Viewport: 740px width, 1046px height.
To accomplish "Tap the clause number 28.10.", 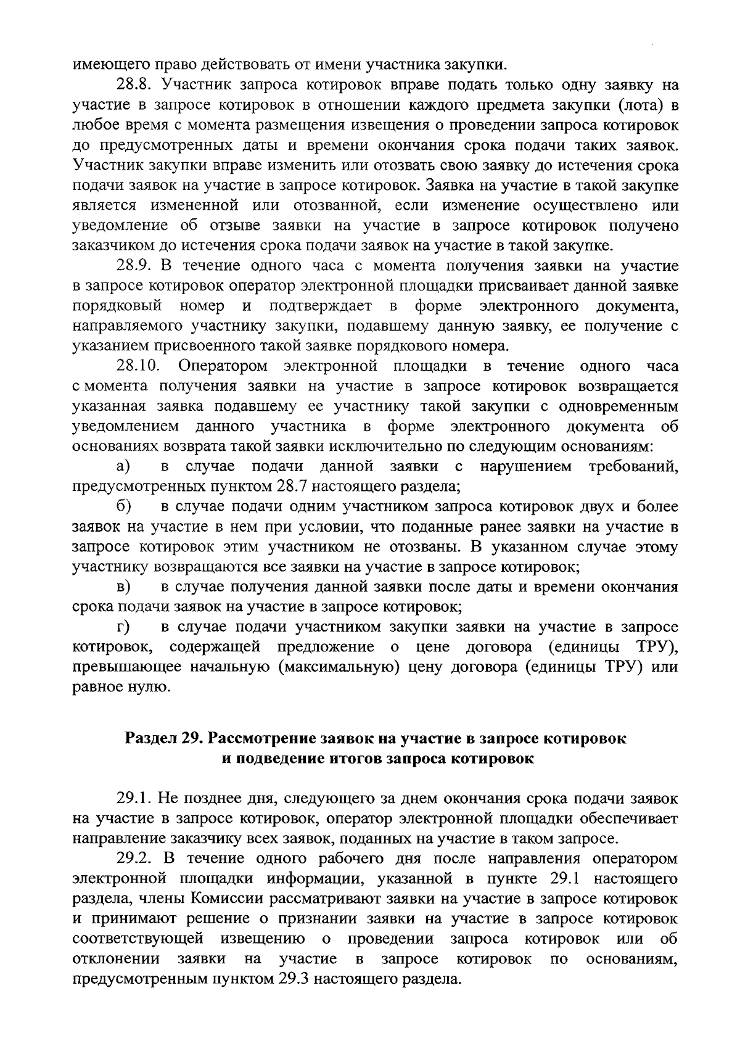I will tap(139, 366).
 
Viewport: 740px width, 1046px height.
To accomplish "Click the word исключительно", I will tap(407, 447).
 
